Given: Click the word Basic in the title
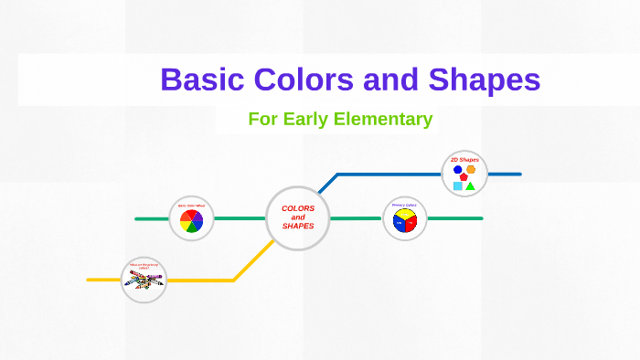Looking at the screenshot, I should pos(203,80).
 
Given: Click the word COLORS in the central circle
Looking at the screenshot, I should pos(298,208).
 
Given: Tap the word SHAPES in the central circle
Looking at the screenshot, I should pos(298,226).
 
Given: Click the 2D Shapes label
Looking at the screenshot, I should pos(464,160).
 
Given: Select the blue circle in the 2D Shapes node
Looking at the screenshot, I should pos(457,169).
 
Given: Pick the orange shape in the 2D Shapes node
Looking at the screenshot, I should pos(471,169).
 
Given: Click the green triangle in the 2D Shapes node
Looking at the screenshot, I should pos(470,185).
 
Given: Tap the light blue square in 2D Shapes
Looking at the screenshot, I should pos(457,185).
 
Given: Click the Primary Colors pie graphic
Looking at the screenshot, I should pos(404,222).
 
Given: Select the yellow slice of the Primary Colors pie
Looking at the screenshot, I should pos(404,215).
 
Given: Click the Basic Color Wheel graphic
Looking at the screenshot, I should pos(191,220).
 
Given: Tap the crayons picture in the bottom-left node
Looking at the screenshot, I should pos(144,279).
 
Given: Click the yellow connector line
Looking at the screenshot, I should pos(201,280).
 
